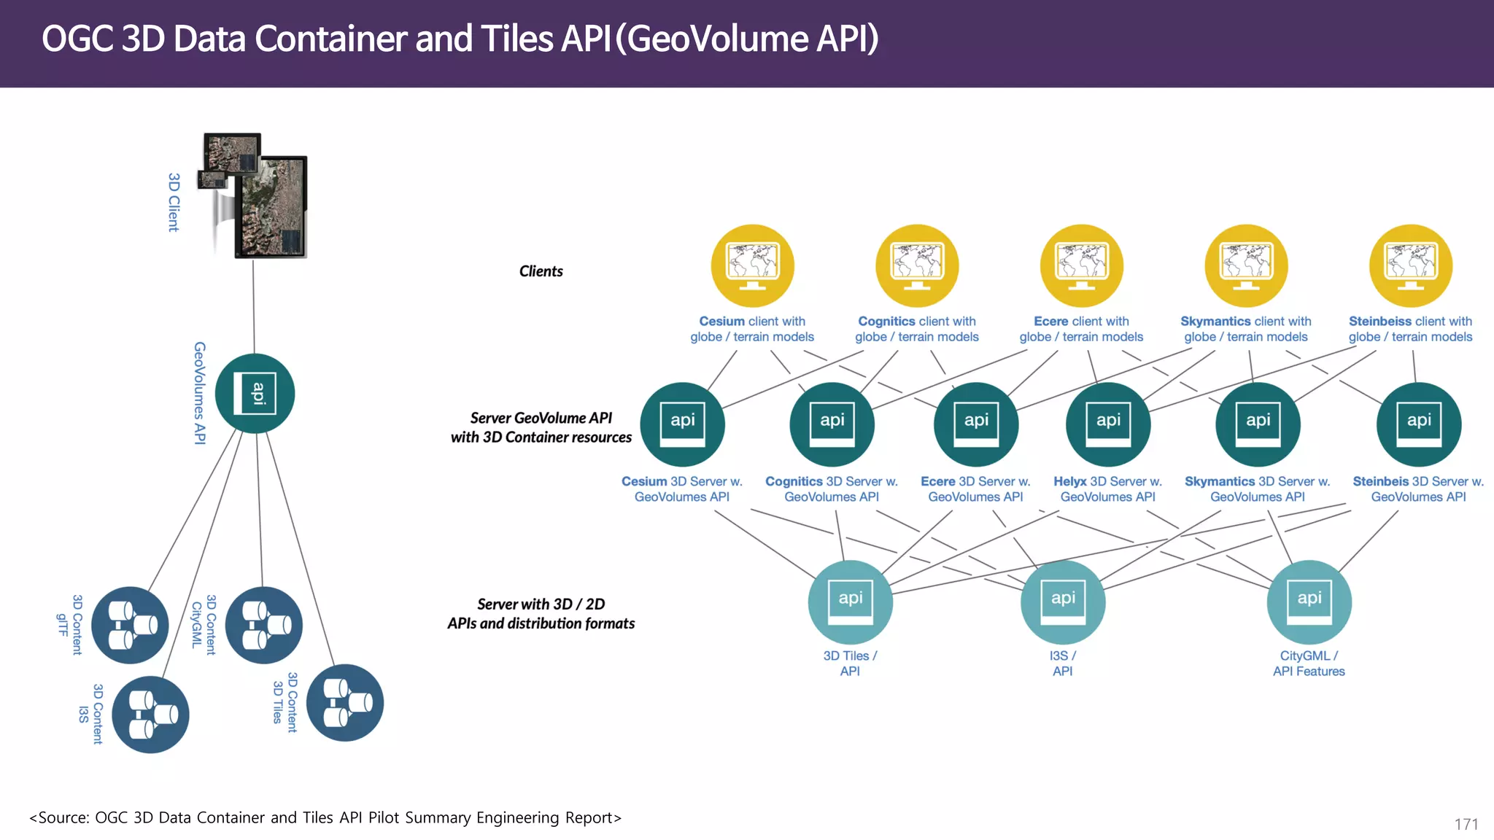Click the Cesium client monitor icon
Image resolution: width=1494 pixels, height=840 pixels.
(752, 265)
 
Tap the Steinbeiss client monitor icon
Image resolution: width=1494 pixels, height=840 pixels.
(1410, 265)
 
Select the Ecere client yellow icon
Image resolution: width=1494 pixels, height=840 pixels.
(1081, 265)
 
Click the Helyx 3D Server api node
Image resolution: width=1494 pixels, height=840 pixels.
(1108, 424)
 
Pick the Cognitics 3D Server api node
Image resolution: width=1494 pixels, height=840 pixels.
(832, 424)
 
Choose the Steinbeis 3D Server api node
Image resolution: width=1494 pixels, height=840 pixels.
(1418, 424)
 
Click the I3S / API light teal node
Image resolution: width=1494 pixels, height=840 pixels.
(1063, 602)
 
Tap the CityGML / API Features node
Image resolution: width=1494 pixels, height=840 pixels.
(1309, 602)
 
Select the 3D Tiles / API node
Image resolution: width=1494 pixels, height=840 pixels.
(850, 602)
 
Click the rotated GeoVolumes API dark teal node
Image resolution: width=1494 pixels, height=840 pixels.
(255, 393)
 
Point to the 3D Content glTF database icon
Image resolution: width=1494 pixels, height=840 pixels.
(130, 625)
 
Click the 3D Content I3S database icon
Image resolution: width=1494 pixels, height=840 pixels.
(150, 714)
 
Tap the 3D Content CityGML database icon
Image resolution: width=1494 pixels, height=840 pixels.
(263, 625)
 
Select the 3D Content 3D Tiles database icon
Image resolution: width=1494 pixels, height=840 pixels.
(344, 702)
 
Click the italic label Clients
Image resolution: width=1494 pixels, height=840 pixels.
(541, 271)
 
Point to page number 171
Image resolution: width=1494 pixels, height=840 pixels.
(1466, 824)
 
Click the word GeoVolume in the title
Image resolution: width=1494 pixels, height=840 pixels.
(717, 39)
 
